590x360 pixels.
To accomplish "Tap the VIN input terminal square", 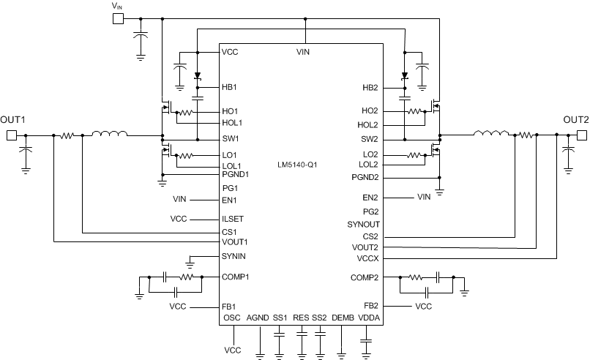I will pos(117,18).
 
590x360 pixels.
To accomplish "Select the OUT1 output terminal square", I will pos(11,135).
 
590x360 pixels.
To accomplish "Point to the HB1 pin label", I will pos(231,87).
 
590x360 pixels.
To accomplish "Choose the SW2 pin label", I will pos(370,138).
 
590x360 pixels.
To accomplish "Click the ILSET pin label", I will pos(233,218).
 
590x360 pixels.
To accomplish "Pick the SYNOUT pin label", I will pos(364,224).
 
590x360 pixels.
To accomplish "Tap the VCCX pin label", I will pos(367,258).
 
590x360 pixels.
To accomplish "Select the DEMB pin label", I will pos(343,318).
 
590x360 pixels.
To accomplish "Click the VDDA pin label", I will pos(368,318).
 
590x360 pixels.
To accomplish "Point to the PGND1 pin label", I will pos(236,174).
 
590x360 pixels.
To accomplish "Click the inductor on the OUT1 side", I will pos(108,134).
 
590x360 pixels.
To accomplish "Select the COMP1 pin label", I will pos(236,277).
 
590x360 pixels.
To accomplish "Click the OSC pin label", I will pos(232,318).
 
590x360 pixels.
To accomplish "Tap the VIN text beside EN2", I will pos(424,197).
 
